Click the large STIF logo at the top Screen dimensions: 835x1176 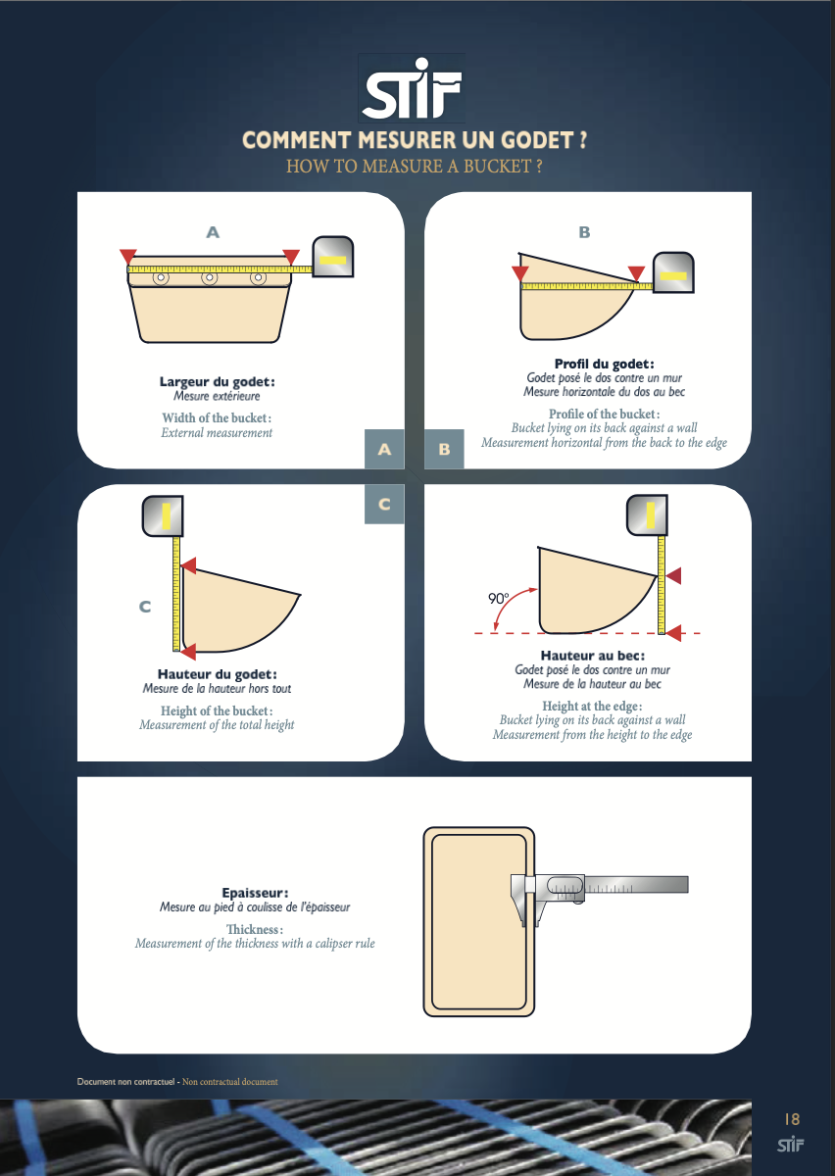[x=412, y=87]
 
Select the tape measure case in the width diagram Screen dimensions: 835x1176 [x=333, y=256]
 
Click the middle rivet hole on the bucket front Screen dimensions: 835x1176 [x=209, y=276]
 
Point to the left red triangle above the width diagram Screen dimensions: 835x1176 [x=128, y=257]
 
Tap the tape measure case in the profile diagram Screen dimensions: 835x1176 [x=673, y=272]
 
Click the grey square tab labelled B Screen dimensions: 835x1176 [x=444, y=449]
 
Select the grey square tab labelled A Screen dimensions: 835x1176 [x=384, y=449]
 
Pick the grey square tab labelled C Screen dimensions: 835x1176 [x=384, y=504]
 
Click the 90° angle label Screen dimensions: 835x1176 [x=499, y=598]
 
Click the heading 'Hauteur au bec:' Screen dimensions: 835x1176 [x=593, y=656]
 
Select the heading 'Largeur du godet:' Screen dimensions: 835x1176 [x=217, y=381]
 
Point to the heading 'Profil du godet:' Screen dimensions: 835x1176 [x=605, y=364]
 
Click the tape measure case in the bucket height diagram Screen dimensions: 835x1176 [x=163, y=516]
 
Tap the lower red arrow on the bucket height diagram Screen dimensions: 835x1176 [x=187, y=651]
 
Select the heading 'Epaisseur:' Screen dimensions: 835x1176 [x=255, y=893]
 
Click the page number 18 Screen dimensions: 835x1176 [x=792, y=1119]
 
